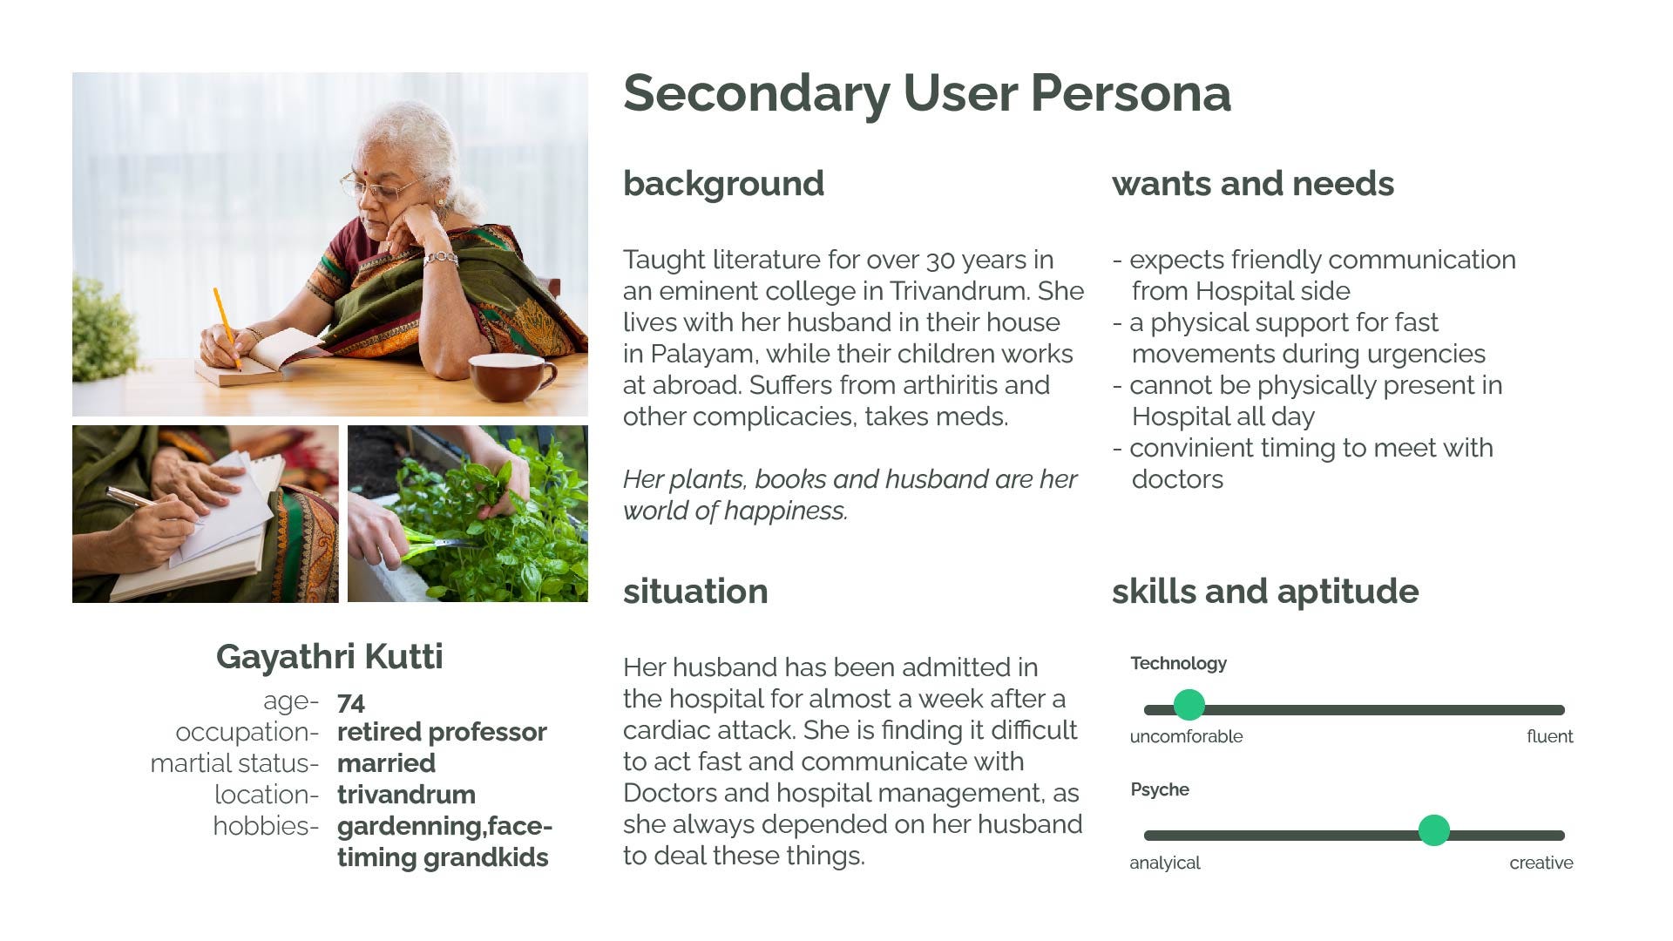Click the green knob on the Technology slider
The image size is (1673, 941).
1189,704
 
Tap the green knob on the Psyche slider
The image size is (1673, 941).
1433,830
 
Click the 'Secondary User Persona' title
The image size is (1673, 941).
927,93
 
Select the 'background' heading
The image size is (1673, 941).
723,184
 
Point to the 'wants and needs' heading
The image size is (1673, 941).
1253,184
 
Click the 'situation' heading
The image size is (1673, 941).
695,592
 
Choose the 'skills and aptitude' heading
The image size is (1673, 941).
1265,592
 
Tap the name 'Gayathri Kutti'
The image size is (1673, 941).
329,657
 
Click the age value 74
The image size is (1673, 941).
351,702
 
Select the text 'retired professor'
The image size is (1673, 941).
442,732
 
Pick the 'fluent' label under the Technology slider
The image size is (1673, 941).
1549,736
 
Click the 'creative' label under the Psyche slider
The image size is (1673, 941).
1541,863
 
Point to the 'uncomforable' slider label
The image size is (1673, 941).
1186,736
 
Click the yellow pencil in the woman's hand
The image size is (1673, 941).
227,328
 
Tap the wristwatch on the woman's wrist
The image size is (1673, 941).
441,258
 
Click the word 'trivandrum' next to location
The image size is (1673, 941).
406,795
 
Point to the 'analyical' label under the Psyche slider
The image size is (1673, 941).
1165,863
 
